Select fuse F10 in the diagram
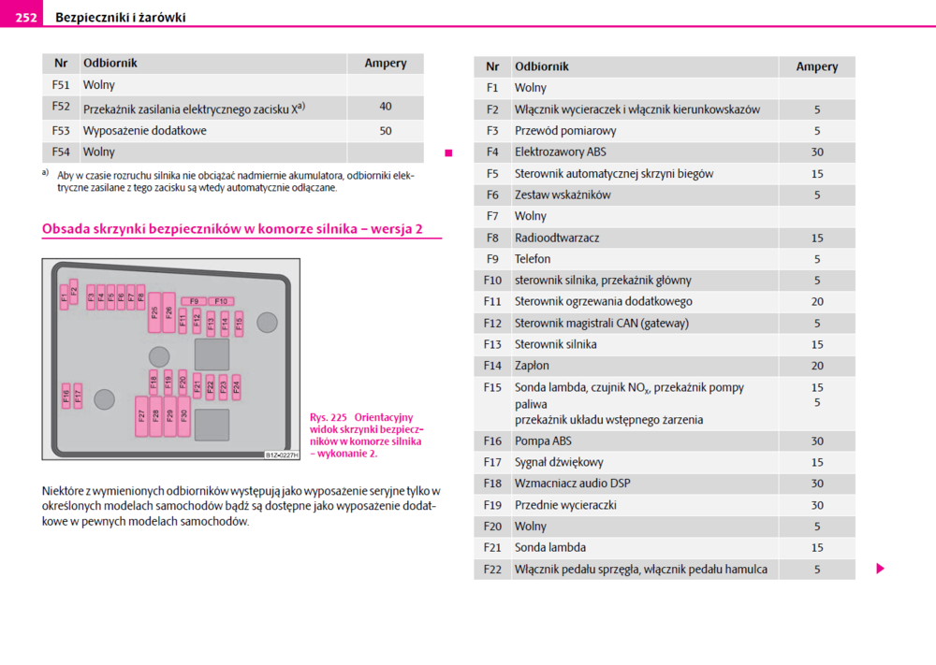coord(221,301)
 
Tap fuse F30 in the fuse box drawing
coord(184,416)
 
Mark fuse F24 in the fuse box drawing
coord(236,384)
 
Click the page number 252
coord(26,17)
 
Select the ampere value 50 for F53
coord(386,131)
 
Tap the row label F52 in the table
coord(61,108)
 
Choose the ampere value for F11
coord(817,302)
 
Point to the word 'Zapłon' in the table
coord(532,366)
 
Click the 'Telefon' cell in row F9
coord(533,259)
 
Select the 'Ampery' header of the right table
coord(817,67)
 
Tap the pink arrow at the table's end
coord(880,569)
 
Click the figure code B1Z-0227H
coord(282,455)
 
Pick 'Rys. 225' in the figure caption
coord(328,418)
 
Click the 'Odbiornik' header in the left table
coord(110,64)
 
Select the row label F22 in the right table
coord(492,570)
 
